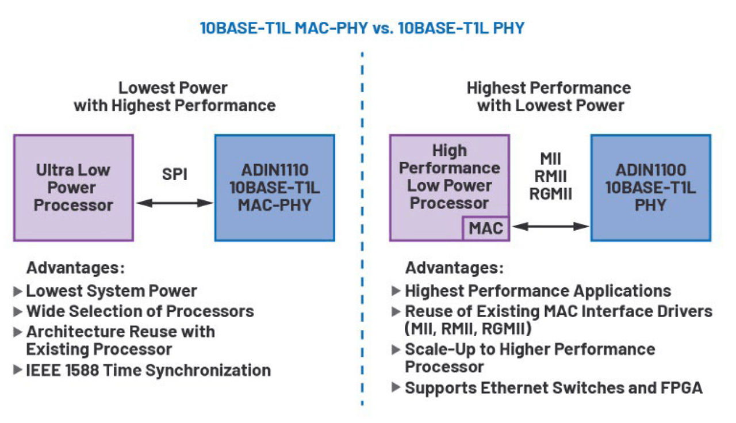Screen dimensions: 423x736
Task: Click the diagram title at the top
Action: (x=362, y=28)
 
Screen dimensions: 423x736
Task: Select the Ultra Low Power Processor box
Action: (x=74, y=188)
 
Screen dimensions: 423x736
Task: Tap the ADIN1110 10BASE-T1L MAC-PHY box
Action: (x=274, y=188)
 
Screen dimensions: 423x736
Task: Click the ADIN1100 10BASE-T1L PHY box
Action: (x=650, y=188)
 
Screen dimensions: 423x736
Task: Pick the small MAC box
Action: (x=486, y=228)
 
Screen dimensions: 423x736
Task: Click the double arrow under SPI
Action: (x=174, y=203)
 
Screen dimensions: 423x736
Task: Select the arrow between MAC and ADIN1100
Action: (x=550, y=227)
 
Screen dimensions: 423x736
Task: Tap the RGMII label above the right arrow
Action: (x=550, y=194)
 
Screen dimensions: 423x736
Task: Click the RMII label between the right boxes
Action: (x=550, y=176)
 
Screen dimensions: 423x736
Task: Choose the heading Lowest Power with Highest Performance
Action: (x=174, y=97)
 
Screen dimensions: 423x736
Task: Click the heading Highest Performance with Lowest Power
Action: (x=549, y=97)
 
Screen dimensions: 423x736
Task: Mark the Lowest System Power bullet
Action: (x=112, y=291)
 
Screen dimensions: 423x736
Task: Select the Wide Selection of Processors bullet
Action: (x=140, y=311)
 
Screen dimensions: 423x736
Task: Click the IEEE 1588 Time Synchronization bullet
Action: (x=148, y=370)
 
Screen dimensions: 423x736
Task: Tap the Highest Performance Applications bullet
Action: (x=538, y=291)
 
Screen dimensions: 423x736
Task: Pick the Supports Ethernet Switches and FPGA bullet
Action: (x=553, y=387)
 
